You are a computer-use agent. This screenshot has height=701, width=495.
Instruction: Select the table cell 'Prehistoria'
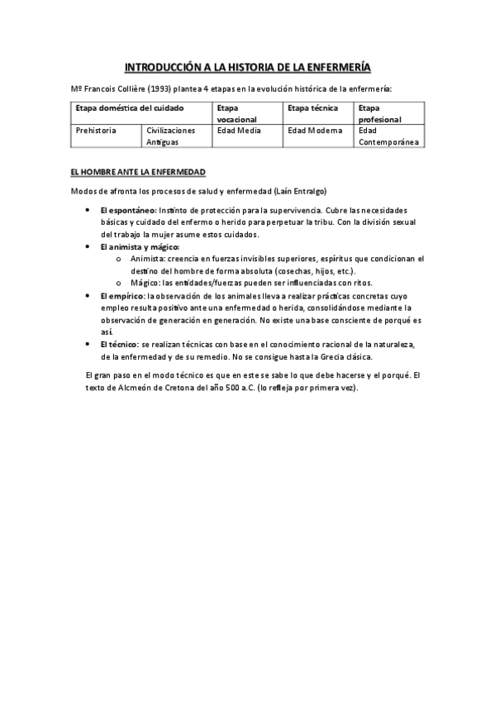click(x=96, y=131)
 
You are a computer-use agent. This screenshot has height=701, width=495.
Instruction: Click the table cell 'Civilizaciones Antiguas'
click(x=171, y=136)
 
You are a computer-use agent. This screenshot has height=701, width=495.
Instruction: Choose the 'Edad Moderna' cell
click(x=309, y=131)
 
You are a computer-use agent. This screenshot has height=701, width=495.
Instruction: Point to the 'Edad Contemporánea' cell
click(x=388, y=136)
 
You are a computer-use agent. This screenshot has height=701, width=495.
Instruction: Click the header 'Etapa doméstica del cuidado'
click(x=130, y=108)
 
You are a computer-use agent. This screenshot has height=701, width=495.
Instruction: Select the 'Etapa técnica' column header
click(x=313, y=108)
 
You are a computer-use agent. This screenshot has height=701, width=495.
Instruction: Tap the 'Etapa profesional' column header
click(x=380, y=114)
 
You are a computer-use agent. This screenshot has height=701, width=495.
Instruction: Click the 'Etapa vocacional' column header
click(x=236, y=114)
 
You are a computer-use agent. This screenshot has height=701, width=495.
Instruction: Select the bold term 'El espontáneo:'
click(x=128, y=211)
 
